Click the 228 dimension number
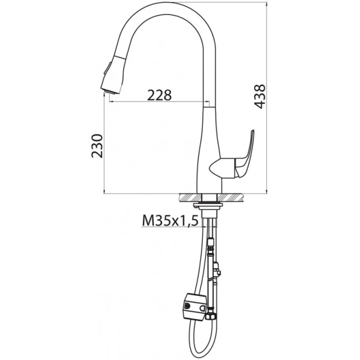(160, 94)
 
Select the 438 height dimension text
(259, 96)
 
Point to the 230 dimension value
(97, 146)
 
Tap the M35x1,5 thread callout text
(170, 221)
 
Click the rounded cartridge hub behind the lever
(219, 169)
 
